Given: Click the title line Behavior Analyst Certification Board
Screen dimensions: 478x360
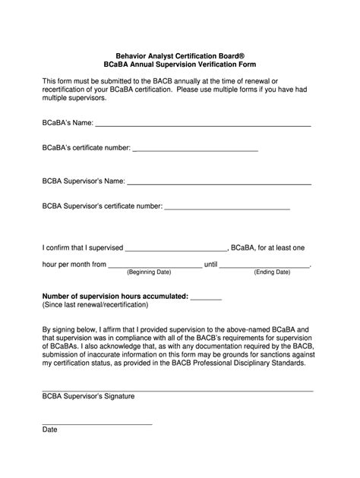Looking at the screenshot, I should pyautogui.click(x=179, y=55).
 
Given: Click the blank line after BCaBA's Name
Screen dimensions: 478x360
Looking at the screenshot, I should pyautogui.click(x=202, y=124).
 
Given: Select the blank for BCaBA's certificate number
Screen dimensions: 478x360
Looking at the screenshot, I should pyautogui.click(x=195, y=150).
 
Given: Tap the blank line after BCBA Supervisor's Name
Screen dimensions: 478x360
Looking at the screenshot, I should pyautogui.click(x=219, y=184).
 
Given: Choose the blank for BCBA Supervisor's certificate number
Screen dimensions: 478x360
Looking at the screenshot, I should pyautogui.click(x=227, y=207).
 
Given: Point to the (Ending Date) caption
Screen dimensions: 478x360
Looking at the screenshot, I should pyautogui.click(x=272, y=272).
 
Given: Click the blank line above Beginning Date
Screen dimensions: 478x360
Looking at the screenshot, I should pyautogui.click(x=155, y=266).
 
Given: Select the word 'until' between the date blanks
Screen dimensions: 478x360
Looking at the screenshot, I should pyautogui.click(x=211, y=264).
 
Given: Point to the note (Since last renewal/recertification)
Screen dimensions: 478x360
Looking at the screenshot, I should pyautogui.click(x=95, y=305).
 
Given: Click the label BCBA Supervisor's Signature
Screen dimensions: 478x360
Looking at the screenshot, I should pyautogui.click(x=88, y=396).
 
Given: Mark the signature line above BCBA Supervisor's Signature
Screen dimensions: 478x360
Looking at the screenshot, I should pyautogui.click(x=177, y=390).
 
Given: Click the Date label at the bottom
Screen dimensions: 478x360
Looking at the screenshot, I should pyautogui.click(x=49, y=429).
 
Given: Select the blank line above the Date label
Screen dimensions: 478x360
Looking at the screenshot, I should pyautogui.click(x=96, y=423).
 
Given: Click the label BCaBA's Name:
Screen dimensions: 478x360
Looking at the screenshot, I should pyautogui.click(x=67, y=121).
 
